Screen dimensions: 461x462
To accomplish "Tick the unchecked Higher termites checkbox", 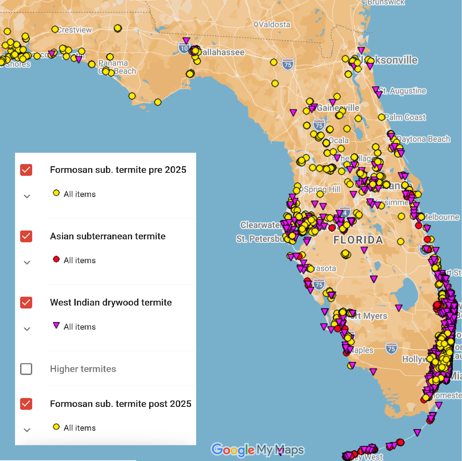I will pyautogui.click(x=26, y=369).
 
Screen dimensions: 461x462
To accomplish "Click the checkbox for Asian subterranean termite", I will pyautogui.click(x=26, y=236).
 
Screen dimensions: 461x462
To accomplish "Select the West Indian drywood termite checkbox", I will pyautogui.click(x=26, y=303).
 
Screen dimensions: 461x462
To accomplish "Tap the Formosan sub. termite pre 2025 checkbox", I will pyautogui.click(x=26, y=170).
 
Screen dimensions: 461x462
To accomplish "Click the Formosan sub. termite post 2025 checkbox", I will pyautogui.click(x=26, y=404).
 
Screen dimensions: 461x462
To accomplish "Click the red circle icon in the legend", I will pyautogui.click(x=56, y=259).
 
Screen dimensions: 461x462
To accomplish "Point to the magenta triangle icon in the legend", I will pyautogui.click(x=56, y=325).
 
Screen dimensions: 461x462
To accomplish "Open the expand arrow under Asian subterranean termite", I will pyautogui.click(x=27, y=263).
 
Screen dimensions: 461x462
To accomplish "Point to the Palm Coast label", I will pyautogui.click(x=405, y=117).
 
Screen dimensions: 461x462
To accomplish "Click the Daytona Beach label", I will pyautogui.click(x=424, y=139).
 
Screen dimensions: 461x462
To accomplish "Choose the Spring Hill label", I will pyautogui.click(x=322, y=189).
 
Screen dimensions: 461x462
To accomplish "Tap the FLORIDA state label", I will pyautogui.click(x=358, y=240).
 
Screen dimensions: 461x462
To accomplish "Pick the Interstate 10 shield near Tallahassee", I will pyautogui.click(x=184, y=49).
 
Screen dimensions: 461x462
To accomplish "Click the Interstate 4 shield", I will pyautogui.click(x=345, y=213).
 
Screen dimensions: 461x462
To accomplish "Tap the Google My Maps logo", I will pyautogui.click(x=258, y=450).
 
